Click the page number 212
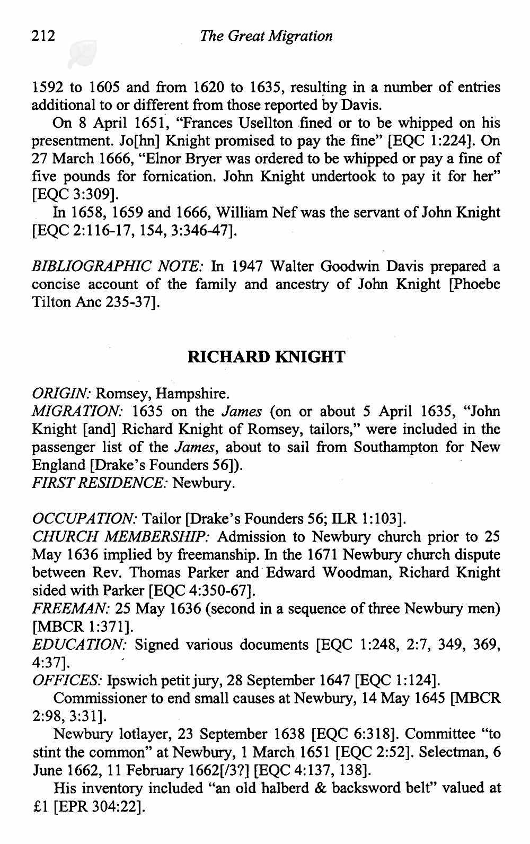pyautogui.click(x=43, y=36)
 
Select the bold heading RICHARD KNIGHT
pyautogui.click(x=266, y=357)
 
